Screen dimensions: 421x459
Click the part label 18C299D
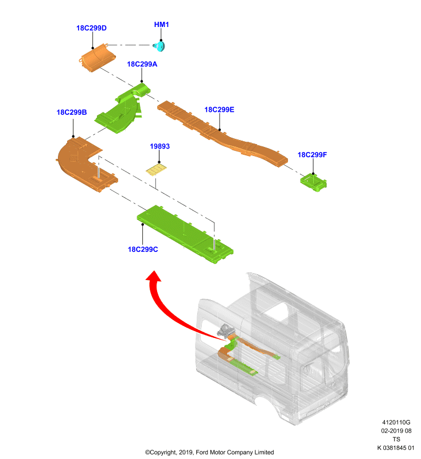click(x=91, y=28)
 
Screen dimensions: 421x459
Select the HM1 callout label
click(x=162, y=25)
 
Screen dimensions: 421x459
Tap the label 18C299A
click(x=142, y=64)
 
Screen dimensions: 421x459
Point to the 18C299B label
click(x=72, y=112)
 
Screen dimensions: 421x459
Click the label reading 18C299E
click(x=219, y=110)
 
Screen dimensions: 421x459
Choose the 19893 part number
click(x=160, y=146)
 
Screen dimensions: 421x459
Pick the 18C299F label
click(x=312, y=155)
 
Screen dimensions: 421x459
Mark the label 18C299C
click(x=143, y=250)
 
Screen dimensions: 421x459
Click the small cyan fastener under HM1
click(x=159, y=46)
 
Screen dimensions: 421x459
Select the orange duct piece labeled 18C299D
click(x=97, y=58)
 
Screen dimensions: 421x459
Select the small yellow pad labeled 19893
click(x=157, y=170)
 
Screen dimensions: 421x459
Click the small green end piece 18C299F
click(x=313, y=182)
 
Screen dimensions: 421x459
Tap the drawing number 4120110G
click(x=396, y=422)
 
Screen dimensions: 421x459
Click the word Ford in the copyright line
click(x=202, y=452)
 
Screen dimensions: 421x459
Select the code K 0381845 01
click(x=396, y=448)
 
